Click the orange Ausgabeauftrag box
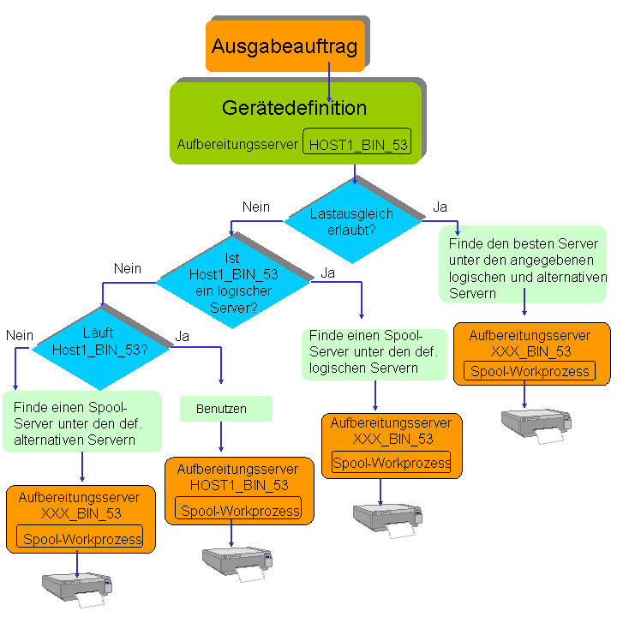(x=285, y=45)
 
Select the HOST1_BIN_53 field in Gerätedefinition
(x=357, y=145)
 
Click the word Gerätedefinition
(x=294, y=108)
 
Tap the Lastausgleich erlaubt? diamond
(x=352, y=221)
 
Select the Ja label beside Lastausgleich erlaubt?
(x=440, y=207)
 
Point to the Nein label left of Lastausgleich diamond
(x=255, y=207)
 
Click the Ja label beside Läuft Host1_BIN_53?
(x=182, y=336)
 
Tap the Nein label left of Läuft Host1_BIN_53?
(x=19, y=336)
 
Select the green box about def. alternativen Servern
(x=81, y=421)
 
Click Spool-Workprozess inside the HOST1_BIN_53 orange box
(x=239, y=511)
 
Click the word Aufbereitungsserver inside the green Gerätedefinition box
(x=237, y=145)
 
